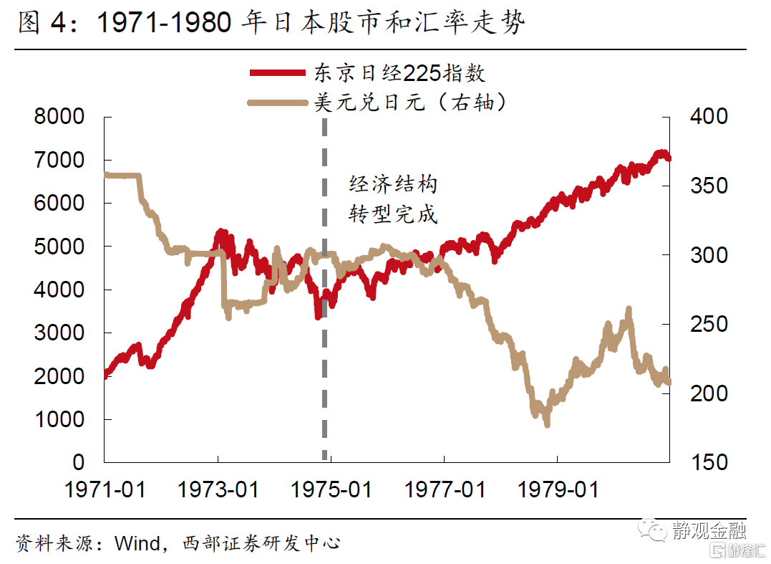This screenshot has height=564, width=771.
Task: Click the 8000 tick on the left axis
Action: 59,117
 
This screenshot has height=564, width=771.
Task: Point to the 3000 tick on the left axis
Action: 59,333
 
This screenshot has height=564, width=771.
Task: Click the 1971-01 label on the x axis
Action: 105,489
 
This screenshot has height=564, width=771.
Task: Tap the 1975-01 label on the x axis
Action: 331,489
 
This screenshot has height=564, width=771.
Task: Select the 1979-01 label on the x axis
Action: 557,489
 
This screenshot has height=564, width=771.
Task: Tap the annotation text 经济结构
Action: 392,185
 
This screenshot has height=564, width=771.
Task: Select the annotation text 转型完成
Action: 392,214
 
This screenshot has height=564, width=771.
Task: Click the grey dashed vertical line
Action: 325,358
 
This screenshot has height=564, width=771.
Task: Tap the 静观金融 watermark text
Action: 709,530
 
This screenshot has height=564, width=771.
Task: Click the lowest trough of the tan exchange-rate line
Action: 548,424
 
